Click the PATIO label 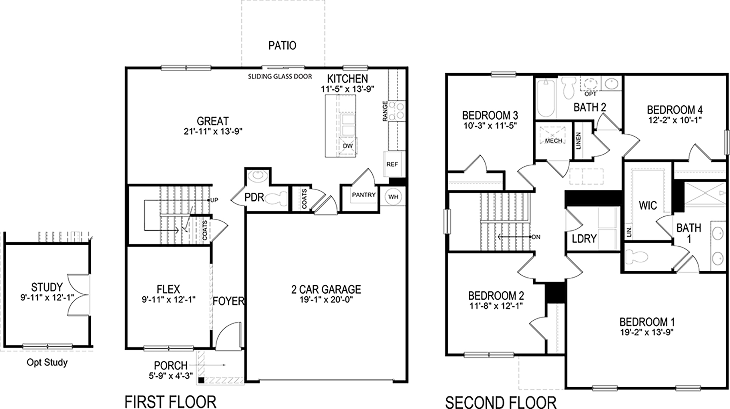click(282, 46)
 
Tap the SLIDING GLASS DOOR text click(280, 76)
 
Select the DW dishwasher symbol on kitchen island click(348, 146)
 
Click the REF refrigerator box click(392, 164)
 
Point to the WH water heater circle click(393, 197)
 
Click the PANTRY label click(364, 195)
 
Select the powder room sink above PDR click(258, 175)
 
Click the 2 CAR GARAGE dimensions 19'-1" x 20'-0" click(326, 300)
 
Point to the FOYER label click(228, 301)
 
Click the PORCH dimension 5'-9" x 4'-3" click(170, 376)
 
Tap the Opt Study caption click(47, 363)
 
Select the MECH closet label click(554, 141)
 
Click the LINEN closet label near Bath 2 click(578, 141)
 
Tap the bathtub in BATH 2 click(546, 98)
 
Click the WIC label click(648, 205)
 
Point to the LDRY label click(584, 239)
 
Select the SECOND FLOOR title click(501, 402)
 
